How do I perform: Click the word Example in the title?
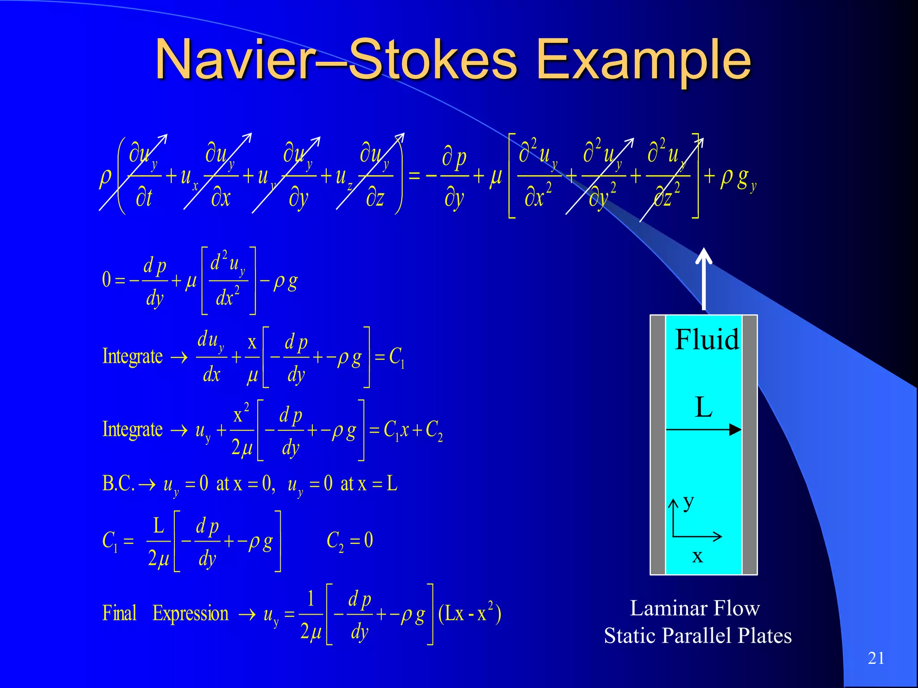click(643, 60)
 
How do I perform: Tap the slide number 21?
click(876, 658)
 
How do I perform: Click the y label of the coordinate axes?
click(688, 502)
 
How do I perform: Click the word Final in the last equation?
click(119, 613)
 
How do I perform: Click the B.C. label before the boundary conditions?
click(118, 484)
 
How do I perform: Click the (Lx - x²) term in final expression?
click(469, 613)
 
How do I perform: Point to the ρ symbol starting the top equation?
click(105, 176)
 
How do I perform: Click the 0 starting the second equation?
click(106, 280)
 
